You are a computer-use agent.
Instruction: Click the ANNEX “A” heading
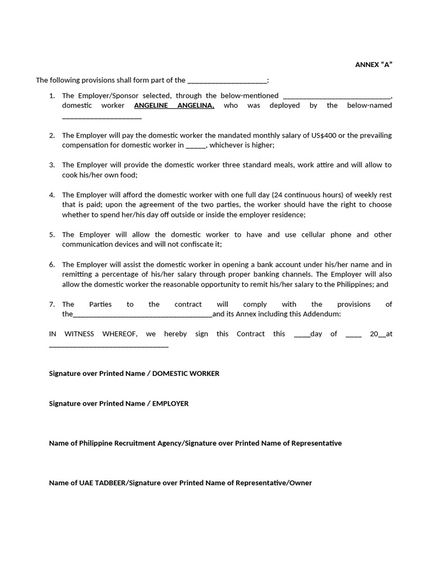click(373, 65)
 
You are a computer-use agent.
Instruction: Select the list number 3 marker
click(52, 165)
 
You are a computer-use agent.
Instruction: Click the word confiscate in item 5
click(195, 245)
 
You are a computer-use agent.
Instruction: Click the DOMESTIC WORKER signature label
click(186, 374)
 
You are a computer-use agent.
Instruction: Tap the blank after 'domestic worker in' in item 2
click(196, 146)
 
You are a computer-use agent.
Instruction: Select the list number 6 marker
click(52, 265)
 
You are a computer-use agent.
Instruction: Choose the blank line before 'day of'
click(302, 335)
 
